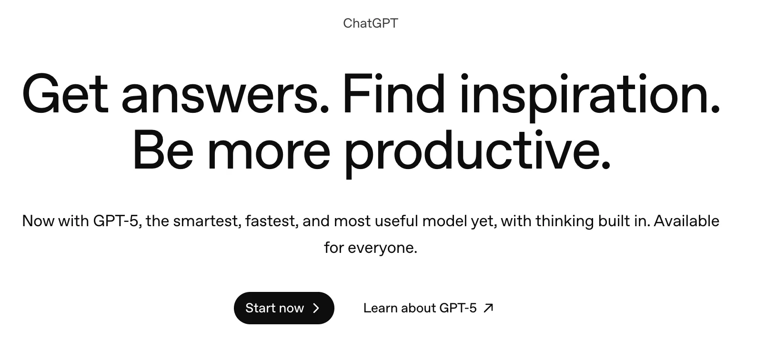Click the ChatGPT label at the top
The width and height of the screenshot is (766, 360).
click(x=370, y=23)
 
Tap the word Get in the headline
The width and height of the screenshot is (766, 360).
click(x=65, y=93)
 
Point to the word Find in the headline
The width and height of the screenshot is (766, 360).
click(x=393, y=93)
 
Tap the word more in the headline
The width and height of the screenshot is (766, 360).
click(x=269, y=153)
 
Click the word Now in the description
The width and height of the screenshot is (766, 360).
click(x=38, y=221)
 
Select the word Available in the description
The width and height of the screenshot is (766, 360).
click(x=686, y=221)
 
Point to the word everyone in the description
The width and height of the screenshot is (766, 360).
click(x=383, y=249)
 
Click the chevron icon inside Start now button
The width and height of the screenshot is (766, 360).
click(x=316, y=308)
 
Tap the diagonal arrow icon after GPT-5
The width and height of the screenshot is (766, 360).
click(x=488, y=308)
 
